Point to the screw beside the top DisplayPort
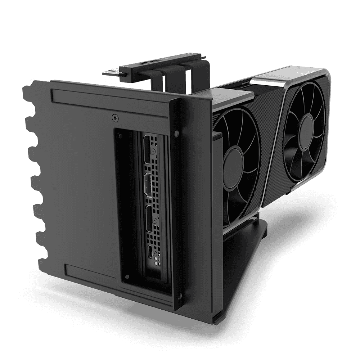coord(154,150)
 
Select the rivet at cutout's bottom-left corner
coord(126,276)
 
